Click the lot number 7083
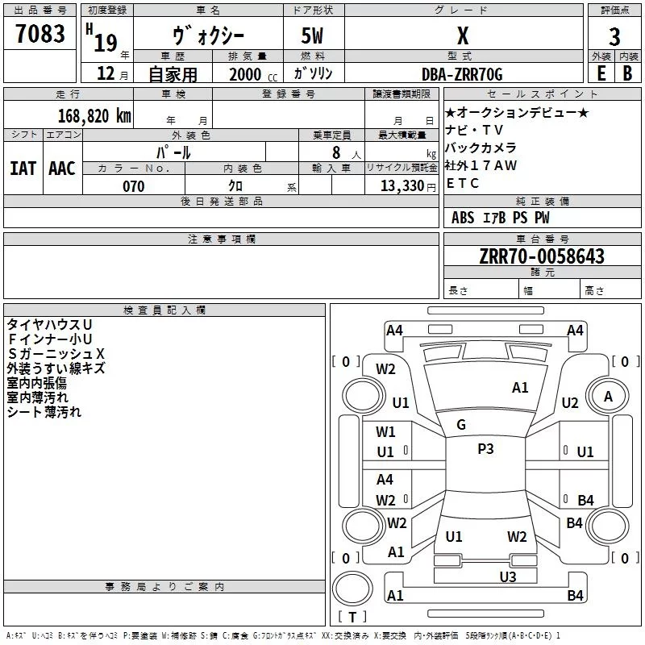[x=40, y=33]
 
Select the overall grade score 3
[x=614, y=37]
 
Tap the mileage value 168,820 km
[x=94, y=115]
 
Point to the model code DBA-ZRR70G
[x=462, y=74]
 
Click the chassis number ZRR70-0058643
[x=542, y=256]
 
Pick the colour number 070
[x=134, y=186]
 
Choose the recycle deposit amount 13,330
[x=402, y=186]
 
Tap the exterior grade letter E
[x=601, y=73]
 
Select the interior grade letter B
[x=627, y=73]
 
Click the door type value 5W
[x=312, y=35]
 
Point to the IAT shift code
[x=23, y=169]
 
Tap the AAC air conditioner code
[x=62, y=169]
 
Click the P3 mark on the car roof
[x=485, y=449]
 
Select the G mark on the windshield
[x=461, y=425]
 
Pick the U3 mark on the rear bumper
[x=508, y=577]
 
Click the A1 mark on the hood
[x=520, y=388]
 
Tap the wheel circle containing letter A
[x=608, y=397]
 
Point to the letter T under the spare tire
[x=352, y=617]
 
